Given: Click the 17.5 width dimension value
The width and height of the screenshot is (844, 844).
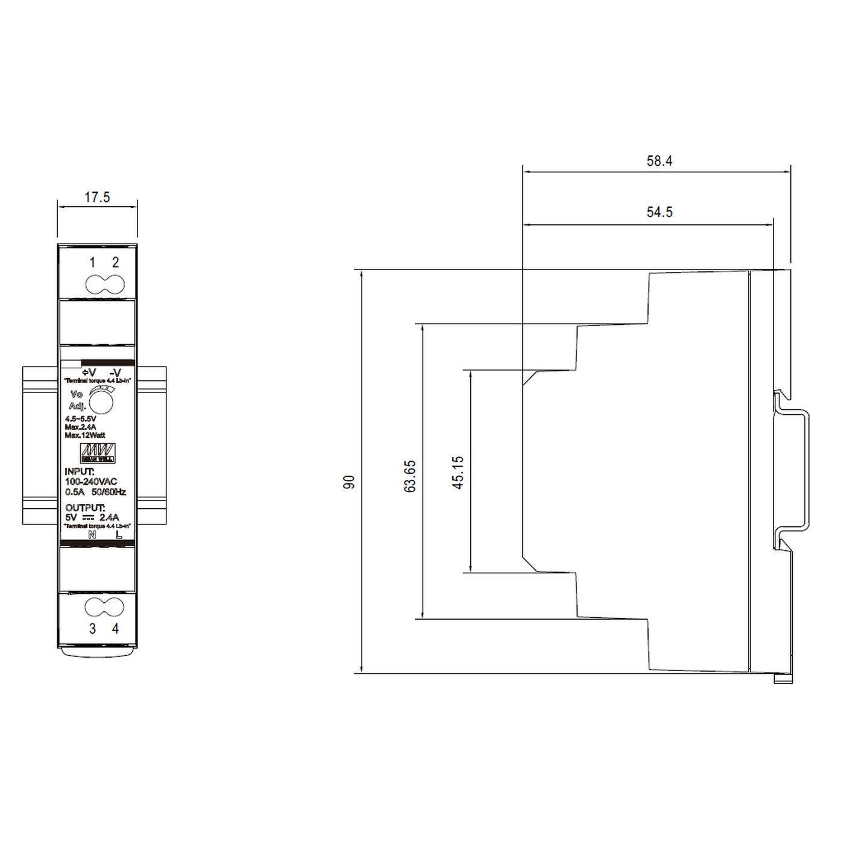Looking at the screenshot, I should [97, 197].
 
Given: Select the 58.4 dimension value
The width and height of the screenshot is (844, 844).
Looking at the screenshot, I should [660, 161].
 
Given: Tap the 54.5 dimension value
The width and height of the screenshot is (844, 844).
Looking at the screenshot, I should [660, 212].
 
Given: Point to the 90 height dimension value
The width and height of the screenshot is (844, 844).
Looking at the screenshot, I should [349, 482].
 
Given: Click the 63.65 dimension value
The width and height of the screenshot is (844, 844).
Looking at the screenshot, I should [410, 476].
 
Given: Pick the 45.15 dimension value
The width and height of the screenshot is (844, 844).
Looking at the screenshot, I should [458, 472].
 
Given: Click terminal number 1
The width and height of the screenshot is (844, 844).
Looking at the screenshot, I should [92, 262].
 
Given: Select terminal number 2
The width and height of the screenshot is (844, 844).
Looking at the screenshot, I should [115, 262].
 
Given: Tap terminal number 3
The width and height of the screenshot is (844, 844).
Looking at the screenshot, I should [92, 628].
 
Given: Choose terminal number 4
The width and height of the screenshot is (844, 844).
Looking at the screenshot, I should [115, 628].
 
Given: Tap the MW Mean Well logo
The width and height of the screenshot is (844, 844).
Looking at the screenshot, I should [98, 453].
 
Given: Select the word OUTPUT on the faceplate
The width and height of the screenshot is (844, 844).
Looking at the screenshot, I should [85, 508].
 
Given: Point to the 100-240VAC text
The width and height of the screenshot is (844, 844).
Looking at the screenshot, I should [91, 481].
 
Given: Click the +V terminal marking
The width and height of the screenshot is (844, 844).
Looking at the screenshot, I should [89, 372].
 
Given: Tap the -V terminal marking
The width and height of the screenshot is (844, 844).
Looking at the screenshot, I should [116, 372].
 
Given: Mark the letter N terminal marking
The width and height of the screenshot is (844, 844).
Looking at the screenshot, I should [92, 534].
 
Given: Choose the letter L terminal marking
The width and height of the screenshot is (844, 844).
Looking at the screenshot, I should [118, 534].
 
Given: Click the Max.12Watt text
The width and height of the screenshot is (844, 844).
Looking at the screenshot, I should [85, 435].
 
